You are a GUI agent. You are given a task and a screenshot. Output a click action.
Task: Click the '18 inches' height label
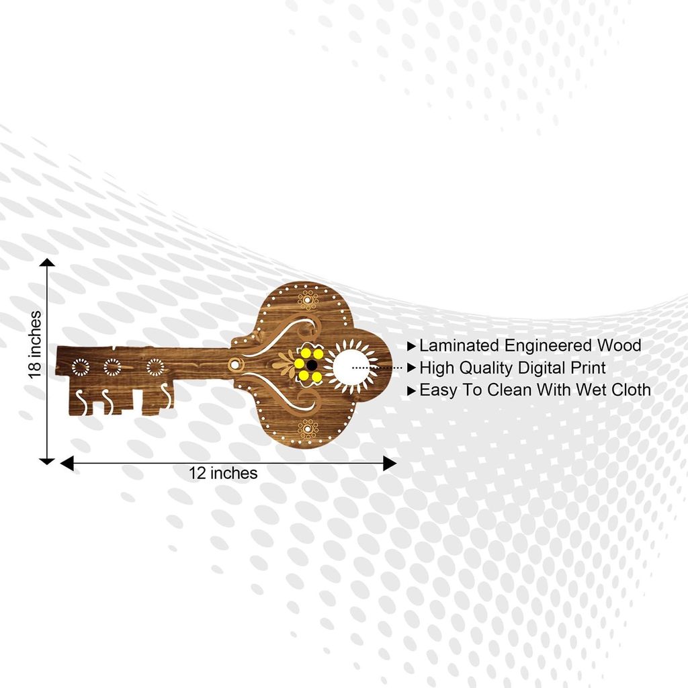[x=34, y=345]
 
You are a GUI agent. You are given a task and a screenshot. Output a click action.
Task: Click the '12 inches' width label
[x=223, y=473]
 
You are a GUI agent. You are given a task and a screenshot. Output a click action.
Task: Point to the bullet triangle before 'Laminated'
[x=411, y=347]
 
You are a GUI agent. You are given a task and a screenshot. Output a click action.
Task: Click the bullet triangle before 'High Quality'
[x=411, y=368]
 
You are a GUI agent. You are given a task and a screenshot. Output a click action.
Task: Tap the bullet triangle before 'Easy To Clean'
[x=411, y=390]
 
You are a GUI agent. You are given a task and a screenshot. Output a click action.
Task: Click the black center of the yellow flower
[x=312, y=365]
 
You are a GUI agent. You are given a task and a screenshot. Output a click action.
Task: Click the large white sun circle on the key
[x=351, y=366]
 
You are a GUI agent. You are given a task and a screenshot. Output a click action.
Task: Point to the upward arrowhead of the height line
[x=47, y=263]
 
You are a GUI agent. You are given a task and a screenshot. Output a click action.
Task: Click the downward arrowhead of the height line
[x=47, y=461]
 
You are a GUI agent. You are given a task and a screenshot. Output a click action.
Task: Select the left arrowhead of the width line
[x=67, y=464]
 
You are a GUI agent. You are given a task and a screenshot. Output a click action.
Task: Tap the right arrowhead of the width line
[x=390, y=464]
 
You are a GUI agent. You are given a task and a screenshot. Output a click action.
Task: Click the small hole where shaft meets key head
[x=234, y=364]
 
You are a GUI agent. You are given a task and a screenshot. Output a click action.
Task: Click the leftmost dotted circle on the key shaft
[x=81, y=368]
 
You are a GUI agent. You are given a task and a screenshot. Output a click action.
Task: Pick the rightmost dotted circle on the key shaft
[x=155, y=368]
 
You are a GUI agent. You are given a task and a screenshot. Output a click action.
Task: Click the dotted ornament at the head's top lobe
[x=308, y=300]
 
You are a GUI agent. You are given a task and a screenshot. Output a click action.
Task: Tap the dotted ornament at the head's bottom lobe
[x=308, y=428]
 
